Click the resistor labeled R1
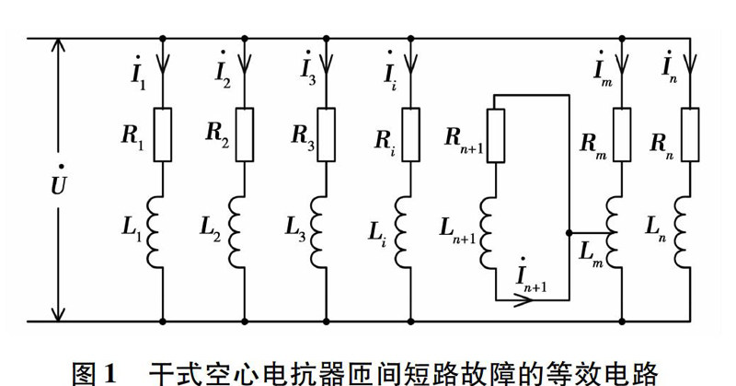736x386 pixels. (163, 135)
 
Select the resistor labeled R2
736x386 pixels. (244, 135)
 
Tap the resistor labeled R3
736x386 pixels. (327, 135)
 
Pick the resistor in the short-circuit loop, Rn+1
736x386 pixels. (496, 135)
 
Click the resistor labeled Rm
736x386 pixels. (622, 135)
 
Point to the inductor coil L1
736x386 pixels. (155, 232)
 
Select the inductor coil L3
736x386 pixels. (318, 232)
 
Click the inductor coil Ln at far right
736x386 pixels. (683, 232)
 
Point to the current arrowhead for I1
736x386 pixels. (163, 64)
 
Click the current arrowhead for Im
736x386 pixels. (622, 64)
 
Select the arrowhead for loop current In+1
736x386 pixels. (523, 299)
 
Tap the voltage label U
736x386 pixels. (58, 182)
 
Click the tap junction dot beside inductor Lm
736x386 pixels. (569, 233)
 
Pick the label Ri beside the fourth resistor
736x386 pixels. (385, 140)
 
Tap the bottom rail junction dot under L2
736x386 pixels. (244, 322)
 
